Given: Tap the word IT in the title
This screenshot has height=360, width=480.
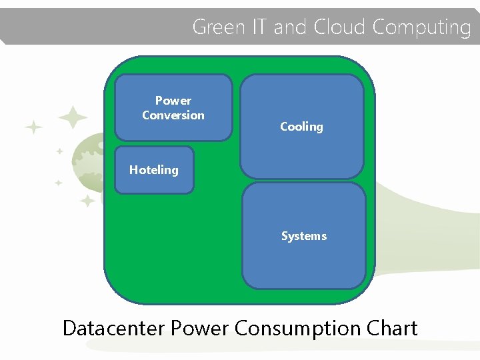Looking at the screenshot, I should [x=259, y=27].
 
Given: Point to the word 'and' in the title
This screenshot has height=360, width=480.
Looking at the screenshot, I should [x=289, y=27].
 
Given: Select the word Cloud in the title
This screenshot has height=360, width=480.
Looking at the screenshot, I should [x=339, y=27].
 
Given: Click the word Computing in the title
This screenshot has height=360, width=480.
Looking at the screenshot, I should [x=421, y=27].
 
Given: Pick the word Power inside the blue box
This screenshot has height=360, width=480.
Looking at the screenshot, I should [x=173, y=101].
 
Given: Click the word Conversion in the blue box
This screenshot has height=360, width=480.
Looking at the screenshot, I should [x=173, y=115].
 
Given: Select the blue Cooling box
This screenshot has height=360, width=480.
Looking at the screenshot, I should [x=301, y=127].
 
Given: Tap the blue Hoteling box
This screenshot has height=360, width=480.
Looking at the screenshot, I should [x=154, y=170].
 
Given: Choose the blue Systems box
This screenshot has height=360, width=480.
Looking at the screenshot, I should [x=303, y=236].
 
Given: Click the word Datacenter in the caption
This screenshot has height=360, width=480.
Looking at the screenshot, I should [x=114, y=328].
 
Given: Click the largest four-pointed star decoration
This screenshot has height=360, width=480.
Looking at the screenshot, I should [x=73, y=118].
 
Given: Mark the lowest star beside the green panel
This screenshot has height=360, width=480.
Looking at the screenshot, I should [x=87, y=201].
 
